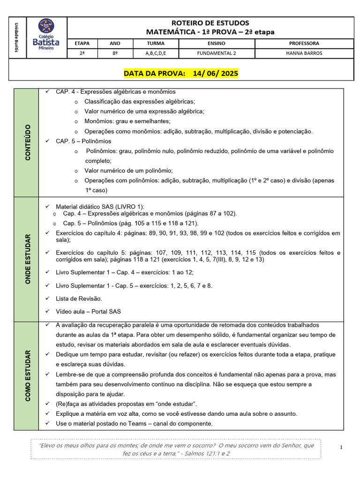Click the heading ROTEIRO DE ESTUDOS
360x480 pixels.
pyautogui.click(x=210, y=23)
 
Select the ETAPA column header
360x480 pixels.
pyautogui.click(x=82, y=43)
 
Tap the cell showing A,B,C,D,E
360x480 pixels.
pyautogui.click(x=156, y=53)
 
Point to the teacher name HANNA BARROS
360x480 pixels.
pyautogui.click(x=304, y=53)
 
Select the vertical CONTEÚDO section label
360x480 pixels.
pyautogui.click(x=27, y=142)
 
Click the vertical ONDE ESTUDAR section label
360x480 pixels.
pyautogui.click(x=27, y=259)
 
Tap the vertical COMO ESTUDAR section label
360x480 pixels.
pyautogui.click(x=27, y=375)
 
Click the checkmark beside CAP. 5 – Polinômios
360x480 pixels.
pyautogui.click(x=47, y=141)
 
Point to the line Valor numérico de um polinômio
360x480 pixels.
pyautogui.click(x=129, y=171)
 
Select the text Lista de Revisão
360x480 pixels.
pyautogui.click(x=79, y=298)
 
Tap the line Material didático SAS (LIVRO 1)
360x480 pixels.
pyautogui.click(x=100, y=206)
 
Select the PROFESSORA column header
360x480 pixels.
pyautogui.click(x=304, y=43)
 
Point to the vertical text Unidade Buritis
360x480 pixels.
pyautogui.click(x=16, y=37)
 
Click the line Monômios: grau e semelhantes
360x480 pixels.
pyautogui.click(x=127, y=121)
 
